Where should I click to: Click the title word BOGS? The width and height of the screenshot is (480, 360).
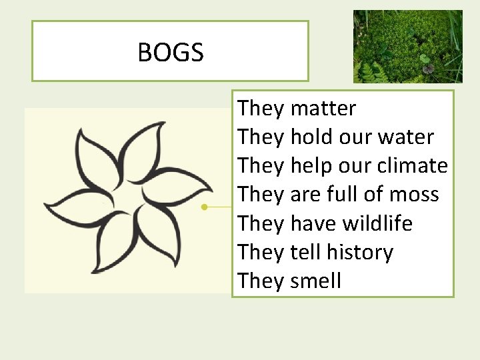[x=170, y=52]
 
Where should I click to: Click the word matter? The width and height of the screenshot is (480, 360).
[x=323, y=108]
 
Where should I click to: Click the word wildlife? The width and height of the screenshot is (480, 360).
[x=377, y=223]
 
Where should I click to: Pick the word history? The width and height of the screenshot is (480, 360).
[x=360, y=253]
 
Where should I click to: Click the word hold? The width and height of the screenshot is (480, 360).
[x=311, y=137]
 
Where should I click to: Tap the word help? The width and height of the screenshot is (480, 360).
[x=311, y=167]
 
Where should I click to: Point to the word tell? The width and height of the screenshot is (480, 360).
[x=305, y=253]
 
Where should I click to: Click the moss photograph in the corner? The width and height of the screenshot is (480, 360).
[x=407, y=46]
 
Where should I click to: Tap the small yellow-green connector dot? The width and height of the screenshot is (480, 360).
[x=205, y=207]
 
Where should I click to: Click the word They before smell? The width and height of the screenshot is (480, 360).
[x=261, y=281]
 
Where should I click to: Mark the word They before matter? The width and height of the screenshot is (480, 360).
[x=261, y=108]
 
